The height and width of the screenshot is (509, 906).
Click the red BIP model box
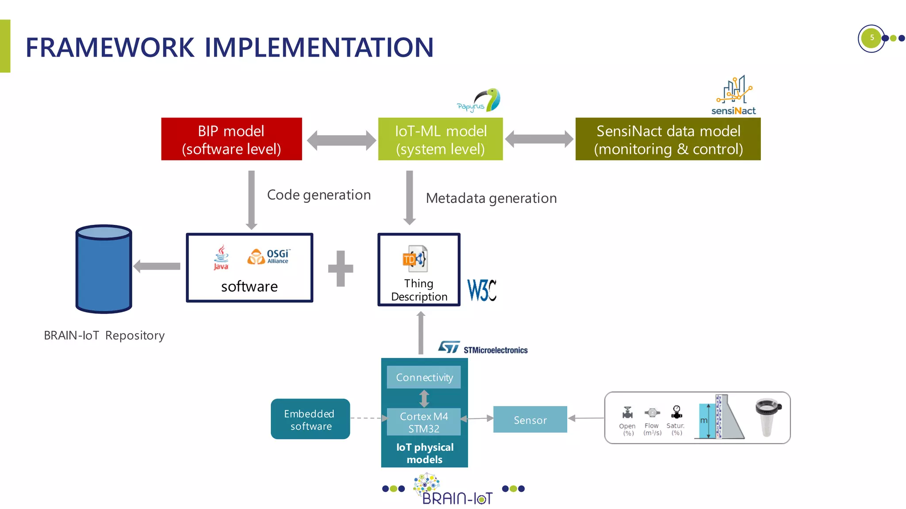coord(231,139)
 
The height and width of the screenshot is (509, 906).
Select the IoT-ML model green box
coord(440,139)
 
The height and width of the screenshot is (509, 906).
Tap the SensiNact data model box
coord(668,139)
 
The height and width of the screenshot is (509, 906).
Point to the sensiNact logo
coord(734,95)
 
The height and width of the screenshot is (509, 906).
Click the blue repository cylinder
coord(104,269)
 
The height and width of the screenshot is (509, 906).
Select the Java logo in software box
coord(221,257)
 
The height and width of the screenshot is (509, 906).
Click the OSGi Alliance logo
coord(269,256)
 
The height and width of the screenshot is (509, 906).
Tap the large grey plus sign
coord(341,268)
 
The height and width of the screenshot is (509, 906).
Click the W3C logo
coord(482,290)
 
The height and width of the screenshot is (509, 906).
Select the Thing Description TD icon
coord(415,259)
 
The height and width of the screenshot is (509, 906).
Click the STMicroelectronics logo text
coord(495,350)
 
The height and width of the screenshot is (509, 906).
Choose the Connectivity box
coord(424,377)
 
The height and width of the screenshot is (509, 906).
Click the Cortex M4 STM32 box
coord(424,422)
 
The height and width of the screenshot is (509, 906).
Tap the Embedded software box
coord(310,419)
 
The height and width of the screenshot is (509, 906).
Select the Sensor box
coord(530,420)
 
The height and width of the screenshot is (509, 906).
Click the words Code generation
coord(319,195)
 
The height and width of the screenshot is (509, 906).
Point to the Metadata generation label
coord(491,198)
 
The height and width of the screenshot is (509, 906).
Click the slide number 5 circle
coord(871,38)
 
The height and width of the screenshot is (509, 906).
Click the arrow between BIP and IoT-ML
coord(341,141)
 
